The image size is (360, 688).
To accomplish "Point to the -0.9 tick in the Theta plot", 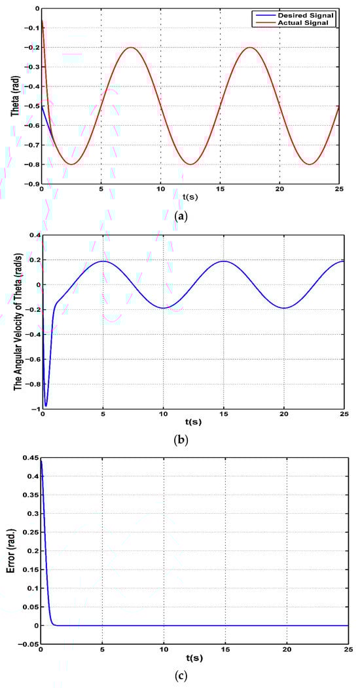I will (x=30, y=184).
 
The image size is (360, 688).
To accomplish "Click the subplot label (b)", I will (x=180, y=440).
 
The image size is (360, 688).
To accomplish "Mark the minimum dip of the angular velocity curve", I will (x=45, y=406).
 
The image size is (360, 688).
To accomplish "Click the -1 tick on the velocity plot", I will (x=35, y=409).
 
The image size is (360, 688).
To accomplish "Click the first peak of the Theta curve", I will (x=132, y=47).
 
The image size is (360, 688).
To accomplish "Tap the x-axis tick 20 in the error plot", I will (x=286, y=650).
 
